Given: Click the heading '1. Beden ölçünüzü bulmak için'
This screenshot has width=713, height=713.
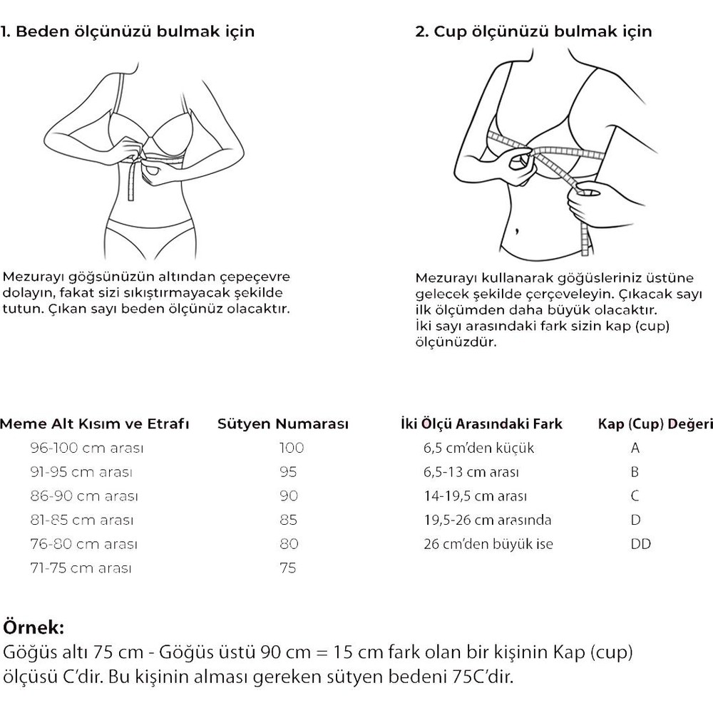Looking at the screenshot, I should tap(128, 32).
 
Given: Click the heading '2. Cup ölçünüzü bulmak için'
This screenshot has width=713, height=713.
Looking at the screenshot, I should tap(533, 32).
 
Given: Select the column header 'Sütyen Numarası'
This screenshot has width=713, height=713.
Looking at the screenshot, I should tap(282, 424).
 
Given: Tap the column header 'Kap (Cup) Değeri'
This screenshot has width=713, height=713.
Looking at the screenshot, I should tap(655, 424).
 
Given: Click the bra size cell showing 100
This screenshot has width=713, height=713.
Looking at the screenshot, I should tap(291, 448).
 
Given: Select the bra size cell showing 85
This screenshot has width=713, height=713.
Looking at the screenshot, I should tap(288, 520).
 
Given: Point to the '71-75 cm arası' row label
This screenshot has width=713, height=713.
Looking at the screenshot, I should tap(82, 568).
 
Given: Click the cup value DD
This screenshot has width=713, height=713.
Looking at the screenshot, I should tap(640, 544).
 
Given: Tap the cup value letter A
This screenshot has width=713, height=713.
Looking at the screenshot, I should tap(635, 448).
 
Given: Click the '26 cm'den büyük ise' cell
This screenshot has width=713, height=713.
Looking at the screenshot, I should tap(488, 544).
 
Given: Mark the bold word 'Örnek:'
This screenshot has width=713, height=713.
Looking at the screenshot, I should tap(34, 628).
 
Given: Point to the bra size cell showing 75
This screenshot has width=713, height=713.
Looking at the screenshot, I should tap(288, 568).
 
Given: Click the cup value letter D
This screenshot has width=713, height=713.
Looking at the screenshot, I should tap(635, 520).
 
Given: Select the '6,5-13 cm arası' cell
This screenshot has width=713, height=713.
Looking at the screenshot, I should tap(471, 472).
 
